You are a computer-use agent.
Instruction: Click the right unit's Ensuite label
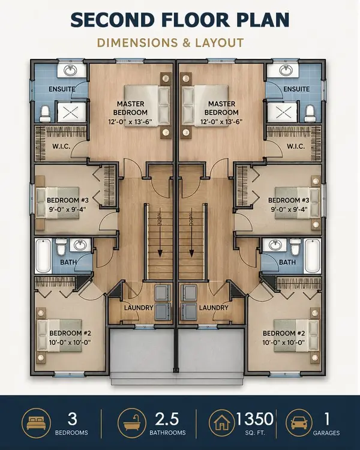tap(296, 89)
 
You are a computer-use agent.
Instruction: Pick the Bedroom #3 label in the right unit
tap(289, 200)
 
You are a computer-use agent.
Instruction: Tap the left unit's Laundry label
tap(139, 308)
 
